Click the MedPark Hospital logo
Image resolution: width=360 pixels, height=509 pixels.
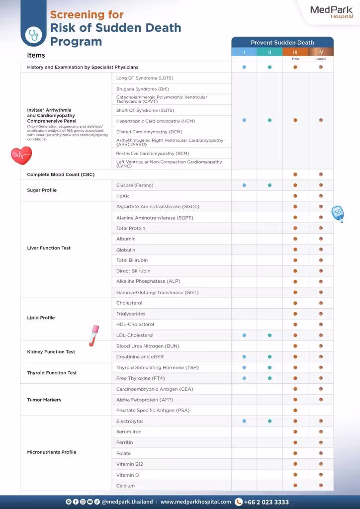tap(331, 12)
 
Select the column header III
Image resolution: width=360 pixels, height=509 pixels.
tap(295, 52)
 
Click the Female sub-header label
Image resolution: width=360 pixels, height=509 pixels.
tap(321, 59)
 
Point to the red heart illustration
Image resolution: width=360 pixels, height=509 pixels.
tap(21, 156)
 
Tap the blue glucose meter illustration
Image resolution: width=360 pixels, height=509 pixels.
tap(338, 213)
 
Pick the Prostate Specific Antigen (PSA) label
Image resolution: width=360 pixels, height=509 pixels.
tap(153, 411)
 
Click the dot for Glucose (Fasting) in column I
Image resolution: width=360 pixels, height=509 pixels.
tap(244, 185)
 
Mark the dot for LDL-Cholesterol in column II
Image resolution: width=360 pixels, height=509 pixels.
tap(270, 336)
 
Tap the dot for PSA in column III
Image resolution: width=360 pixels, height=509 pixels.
tap(295, 411)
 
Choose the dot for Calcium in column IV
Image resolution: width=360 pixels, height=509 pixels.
tap(321, 486)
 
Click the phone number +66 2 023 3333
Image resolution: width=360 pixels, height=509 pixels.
tap(266, 502)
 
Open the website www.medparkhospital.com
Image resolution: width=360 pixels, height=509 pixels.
tap(195, 502)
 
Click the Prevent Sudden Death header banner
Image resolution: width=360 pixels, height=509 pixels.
tap(282, 43)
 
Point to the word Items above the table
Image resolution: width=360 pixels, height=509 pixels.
tap(36, 55)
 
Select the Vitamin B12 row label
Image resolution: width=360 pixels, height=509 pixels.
tap(130, 464)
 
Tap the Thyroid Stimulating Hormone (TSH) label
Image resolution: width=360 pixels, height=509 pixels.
tap(157, 368)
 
